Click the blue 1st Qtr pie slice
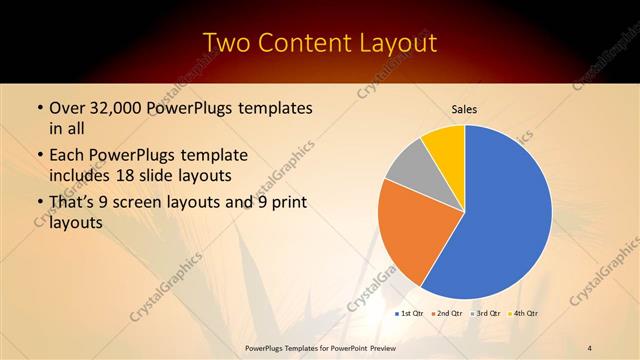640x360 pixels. (x=500, y=215)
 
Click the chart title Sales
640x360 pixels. (x=464, y=109)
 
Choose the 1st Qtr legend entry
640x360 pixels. (x=411, y=314)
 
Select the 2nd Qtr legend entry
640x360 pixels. (x=450, y=314)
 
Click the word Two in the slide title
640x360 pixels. (x=226, y=43)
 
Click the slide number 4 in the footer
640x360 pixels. (x=590, y=347)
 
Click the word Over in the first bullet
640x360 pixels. (x=67, y=108)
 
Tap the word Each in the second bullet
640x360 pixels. (x=67, y=156)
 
